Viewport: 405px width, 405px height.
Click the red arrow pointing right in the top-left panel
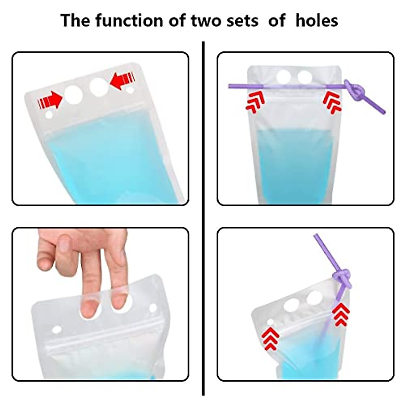point(51,101)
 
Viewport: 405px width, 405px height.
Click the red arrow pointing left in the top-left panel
point(122,82)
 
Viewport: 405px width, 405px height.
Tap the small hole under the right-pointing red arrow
point(49,115)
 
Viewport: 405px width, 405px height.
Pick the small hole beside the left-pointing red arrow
point(130,90)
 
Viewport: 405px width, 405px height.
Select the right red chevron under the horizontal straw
point(332,102)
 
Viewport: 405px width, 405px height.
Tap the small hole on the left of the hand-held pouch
point(56,329)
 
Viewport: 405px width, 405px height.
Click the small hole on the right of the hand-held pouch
point(153,308)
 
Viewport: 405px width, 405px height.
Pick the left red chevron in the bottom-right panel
point(270,339)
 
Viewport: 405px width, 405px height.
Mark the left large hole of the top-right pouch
point(283,77)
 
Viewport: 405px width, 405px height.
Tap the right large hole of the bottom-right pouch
point(315,298)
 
